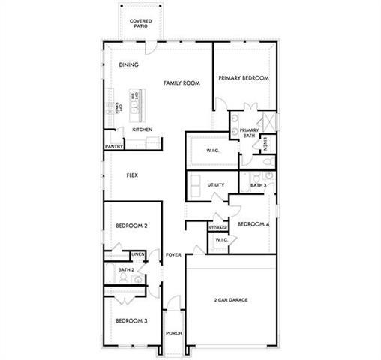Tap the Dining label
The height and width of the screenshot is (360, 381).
(129, 65)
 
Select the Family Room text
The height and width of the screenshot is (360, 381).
(181, 82)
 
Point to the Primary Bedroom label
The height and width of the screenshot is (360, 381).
(244, 77)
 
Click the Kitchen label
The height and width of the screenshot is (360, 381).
(142, 130)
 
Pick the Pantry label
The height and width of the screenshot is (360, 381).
(114, 147)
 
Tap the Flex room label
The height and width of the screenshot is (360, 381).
(132, 175)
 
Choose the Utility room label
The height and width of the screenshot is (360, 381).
(217, 184)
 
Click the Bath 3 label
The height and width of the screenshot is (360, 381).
(258, 184)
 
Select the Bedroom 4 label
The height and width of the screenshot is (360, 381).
(253, 224)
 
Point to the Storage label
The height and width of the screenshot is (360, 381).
(218, 227)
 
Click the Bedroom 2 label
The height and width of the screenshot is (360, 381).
(131, 226)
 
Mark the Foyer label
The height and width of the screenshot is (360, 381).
(174, 255)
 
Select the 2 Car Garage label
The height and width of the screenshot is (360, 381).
(231, 300)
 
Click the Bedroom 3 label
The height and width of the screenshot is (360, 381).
(131, 321)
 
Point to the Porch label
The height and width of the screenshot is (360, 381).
(174, 333)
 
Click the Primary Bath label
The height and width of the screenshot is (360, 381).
(249, 133)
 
